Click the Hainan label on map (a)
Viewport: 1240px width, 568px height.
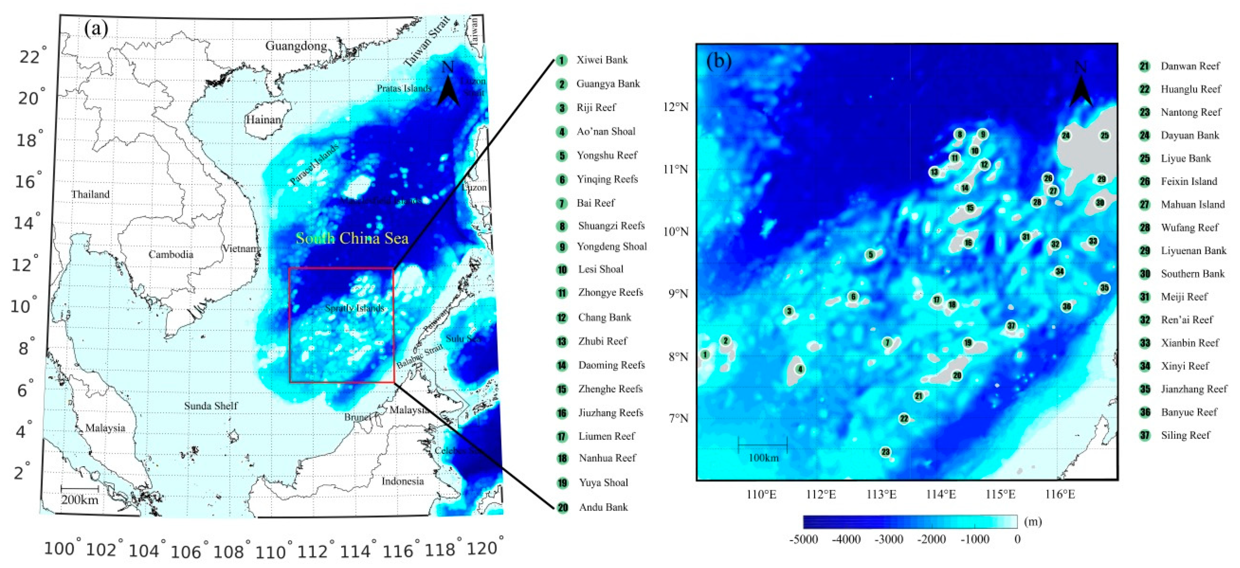263,120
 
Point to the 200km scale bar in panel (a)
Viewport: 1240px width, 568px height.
80,489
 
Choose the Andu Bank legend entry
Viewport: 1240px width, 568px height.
603,507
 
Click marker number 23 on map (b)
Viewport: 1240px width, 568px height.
885,452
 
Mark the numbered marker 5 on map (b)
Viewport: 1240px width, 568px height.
870,255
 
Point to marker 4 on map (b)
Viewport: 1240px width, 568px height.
800,369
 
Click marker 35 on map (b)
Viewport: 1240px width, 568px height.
1104,288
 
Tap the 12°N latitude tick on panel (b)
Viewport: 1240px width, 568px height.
676,107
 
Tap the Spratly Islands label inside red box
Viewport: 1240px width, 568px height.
354,308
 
